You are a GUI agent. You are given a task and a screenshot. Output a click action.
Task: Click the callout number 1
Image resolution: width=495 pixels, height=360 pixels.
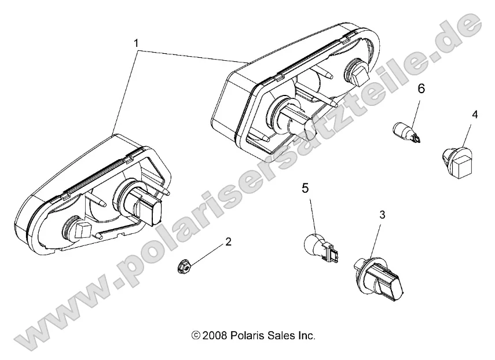click(136, 43)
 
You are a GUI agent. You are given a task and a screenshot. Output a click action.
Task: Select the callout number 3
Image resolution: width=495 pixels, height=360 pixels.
click(381, 214)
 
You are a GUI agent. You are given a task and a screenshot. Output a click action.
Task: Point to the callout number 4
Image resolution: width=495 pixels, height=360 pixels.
click(474, 115)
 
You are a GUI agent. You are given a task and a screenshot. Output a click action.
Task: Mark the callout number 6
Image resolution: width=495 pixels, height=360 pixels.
click(421, 89)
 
